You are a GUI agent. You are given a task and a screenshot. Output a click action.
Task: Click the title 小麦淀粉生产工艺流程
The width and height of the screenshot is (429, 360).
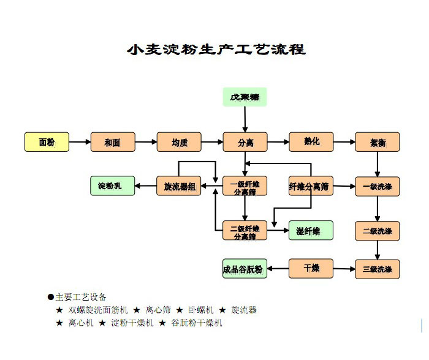[216, 49]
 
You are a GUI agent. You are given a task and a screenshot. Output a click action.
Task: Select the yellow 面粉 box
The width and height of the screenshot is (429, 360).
[47, 142]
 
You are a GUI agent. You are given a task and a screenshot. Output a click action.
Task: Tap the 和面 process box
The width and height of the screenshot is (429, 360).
[112, 142]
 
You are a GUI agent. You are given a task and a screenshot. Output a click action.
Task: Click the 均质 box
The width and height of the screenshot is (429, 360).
[179, 142]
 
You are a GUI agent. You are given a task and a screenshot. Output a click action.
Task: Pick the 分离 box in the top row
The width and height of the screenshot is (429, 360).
[245, 142]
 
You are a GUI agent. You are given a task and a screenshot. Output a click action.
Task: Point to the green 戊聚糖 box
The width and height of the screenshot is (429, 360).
[245, 97]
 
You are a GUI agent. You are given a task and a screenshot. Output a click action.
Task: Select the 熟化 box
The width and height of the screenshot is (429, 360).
[311, 142]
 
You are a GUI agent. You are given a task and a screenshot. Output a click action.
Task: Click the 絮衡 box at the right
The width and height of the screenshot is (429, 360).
[377, 142]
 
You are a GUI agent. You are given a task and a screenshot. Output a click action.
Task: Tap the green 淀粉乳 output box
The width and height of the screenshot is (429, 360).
[112, 186]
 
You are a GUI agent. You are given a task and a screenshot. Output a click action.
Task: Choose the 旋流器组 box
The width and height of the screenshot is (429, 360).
[179, 186]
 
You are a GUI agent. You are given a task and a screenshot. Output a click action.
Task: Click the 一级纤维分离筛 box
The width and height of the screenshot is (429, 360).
[245, 186]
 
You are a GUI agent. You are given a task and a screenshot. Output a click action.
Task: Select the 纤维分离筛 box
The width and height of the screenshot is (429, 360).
[311, 186]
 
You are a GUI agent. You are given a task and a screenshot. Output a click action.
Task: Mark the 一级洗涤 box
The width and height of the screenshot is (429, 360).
[377, 186]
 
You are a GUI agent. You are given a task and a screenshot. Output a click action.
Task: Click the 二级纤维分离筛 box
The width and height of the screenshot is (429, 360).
[245, 231]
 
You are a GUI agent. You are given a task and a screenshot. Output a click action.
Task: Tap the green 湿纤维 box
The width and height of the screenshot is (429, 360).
[311, 231]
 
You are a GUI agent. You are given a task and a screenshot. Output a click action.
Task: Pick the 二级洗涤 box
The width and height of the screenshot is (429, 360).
[377, 231]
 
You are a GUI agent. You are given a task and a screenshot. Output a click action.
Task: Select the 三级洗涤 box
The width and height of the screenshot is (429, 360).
[377, 269]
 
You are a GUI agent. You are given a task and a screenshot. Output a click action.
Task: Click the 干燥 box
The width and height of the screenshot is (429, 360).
[311, 268]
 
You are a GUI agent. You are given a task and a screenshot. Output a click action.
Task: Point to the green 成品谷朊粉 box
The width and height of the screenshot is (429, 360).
[245, 269]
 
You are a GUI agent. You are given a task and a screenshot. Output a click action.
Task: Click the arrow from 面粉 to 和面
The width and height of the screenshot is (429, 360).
[79, 142]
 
